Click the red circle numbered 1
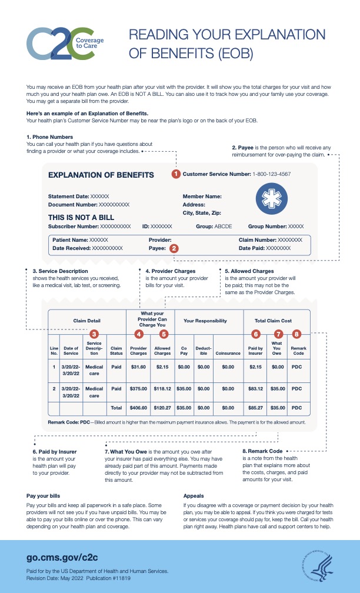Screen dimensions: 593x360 pos(175,174)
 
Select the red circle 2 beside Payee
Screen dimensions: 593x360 pos(174,249)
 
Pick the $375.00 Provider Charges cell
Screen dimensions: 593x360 pos(138,389)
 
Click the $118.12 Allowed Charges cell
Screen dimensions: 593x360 pos(162,389)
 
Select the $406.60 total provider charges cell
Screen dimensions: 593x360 pos(138,407)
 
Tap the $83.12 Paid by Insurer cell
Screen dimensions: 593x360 pos(255,389)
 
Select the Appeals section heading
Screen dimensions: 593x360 pos(194,496)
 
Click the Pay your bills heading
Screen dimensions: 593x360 pos(43,496)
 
